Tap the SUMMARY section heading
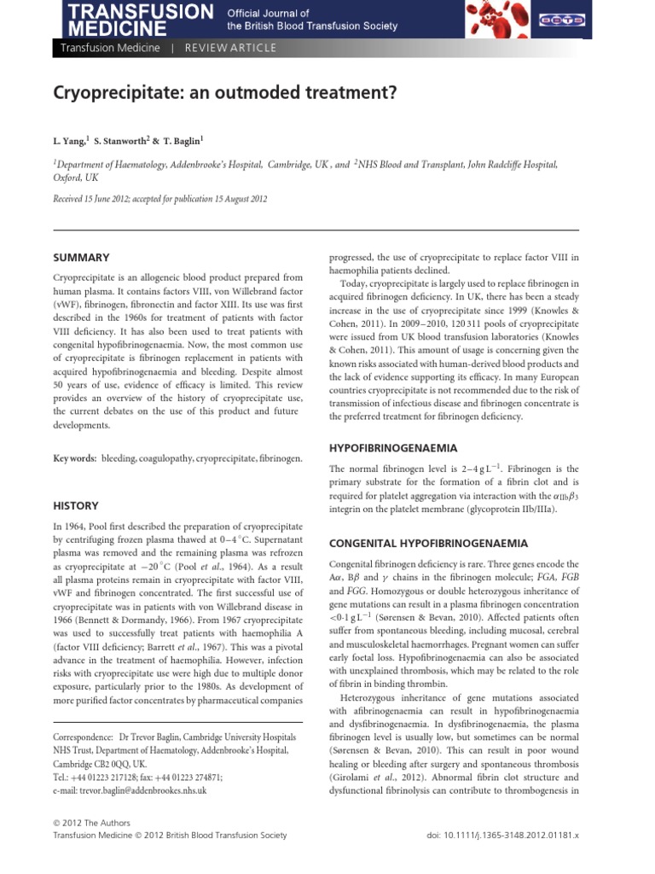[81, 257]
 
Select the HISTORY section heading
[76, 505]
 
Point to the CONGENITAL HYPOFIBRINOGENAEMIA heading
[428, 543]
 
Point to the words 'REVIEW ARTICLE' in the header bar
[230, 48]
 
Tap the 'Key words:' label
[74, 458]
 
